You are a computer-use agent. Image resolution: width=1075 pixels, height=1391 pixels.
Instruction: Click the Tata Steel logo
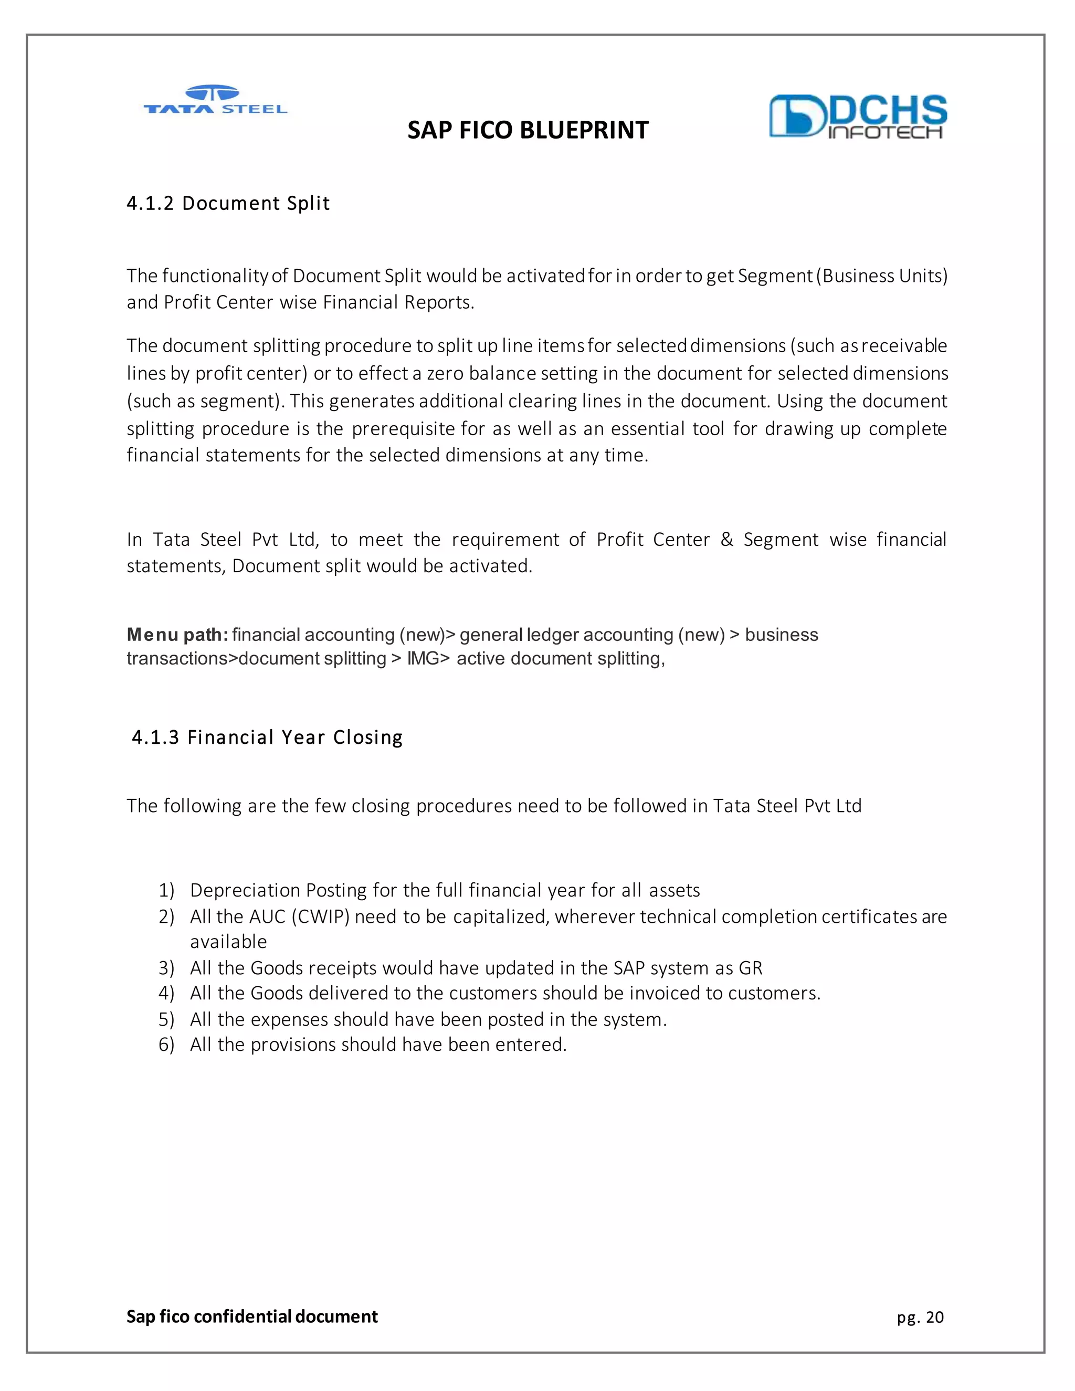click(215, 101)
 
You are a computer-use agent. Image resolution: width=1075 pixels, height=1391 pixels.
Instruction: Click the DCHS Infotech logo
click(857, 116)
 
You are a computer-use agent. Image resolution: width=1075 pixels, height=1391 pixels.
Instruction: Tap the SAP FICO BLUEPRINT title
click(528, 130)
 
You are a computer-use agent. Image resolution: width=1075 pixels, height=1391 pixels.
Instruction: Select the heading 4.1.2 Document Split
click(228, 203)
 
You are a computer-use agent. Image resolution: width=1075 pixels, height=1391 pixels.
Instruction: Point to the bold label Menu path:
click(177, 635)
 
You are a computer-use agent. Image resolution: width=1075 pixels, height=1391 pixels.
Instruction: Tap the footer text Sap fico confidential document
click(251, 1316)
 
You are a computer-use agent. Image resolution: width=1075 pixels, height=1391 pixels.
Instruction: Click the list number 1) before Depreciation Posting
click(166, 890)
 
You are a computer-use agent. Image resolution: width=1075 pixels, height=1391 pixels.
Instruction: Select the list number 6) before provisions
click(166, 1045)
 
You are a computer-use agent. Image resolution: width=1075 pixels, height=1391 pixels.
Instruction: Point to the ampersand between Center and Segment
click(726, 540)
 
